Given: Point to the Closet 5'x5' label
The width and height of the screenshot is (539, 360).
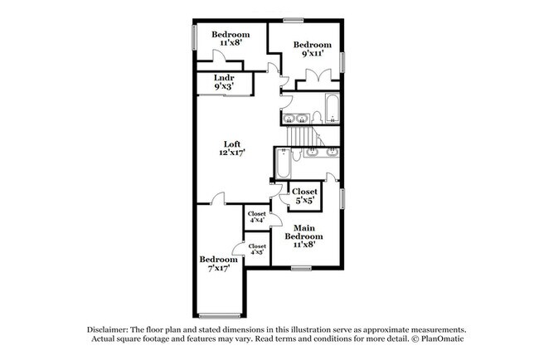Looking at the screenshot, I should click(x=305, y=196).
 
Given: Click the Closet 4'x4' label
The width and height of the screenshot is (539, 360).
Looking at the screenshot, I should click(x=256, y=216).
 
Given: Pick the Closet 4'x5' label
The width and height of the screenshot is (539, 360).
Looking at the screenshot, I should click(x=257, y=250).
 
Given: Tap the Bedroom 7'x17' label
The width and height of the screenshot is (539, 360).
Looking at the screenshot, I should click(x=219, y=264).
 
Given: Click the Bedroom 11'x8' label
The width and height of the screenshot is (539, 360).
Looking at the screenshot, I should click(x=231, y=39).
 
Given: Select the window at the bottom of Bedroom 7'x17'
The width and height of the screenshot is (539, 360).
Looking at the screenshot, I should click(x=218, y=315).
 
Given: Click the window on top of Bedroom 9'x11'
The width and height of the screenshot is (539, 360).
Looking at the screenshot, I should click(x=293, y=20).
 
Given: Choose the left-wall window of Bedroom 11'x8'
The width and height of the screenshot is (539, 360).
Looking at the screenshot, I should click(x=195, y=37).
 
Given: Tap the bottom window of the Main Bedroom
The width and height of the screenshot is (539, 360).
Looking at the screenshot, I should click(x=301, y=267).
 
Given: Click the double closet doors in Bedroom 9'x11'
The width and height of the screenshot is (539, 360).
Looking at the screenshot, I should click(x=318, y=77).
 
